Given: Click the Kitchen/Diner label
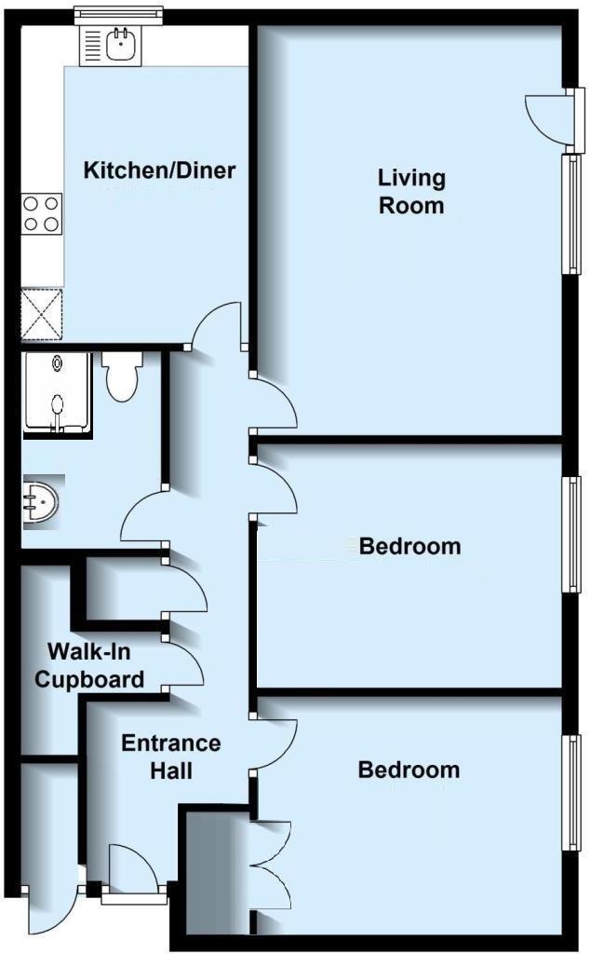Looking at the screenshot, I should click(159, 171).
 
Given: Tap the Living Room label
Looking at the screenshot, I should click(410, 191).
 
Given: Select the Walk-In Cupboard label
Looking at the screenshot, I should click(89, 664).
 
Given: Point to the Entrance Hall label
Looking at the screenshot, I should click(171, 756).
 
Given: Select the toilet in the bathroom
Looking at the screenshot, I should click(121, 376).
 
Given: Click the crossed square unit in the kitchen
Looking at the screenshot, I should click(42, 314).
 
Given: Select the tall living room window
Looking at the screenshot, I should click(570, 213).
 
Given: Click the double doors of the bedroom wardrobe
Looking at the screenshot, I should click(272, 861).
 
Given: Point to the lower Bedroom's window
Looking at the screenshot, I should click(570, 792).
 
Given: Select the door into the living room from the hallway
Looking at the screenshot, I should click(275, 405).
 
